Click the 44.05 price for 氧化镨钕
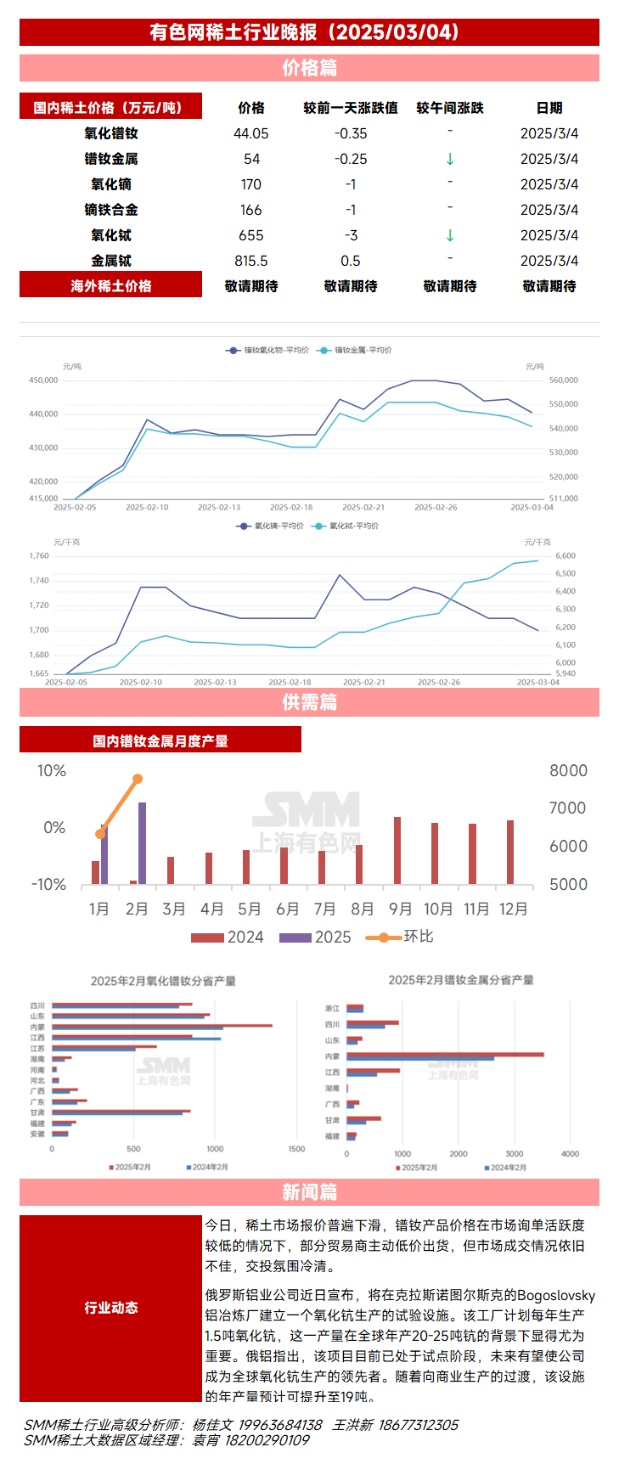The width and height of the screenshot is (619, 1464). [x=250, y=133]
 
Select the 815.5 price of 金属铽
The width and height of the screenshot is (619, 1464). [x=250, y=261]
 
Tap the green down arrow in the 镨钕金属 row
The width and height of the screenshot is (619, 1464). [x=450, y=159]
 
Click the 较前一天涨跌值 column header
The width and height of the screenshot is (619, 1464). [x=351, y=108]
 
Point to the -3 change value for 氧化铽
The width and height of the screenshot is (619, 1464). [x=351, y=235]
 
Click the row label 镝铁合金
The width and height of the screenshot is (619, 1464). [x=110, y=210]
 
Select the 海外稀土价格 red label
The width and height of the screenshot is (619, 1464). [x=110, y=286]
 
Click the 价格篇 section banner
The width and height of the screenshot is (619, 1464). [x=309, y=68]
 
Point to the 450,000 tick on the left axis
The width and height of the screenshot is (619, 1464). [x=43, y=380]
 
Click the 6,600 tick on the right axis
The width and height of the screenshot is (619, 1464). [x=566, y=555]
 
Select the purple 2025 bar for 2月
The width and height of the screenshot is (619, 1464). [x=142, y=843]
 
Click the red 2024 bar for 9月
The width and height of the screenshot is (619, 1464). [x=397, y=850]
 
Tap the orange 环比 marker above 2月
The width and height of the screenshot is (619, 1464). [x=138, y=779]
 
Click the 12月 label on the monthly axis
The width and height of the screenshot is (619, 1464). [x=513, y=909]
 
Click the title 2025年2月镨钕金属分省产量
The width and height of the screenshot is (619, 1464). [x=461, y=980]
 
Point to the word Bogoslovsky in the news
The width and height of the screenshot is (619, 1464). [x=556, y=1295]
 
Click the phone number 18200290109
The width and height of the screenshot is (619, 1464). [x=267, y=1439]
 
